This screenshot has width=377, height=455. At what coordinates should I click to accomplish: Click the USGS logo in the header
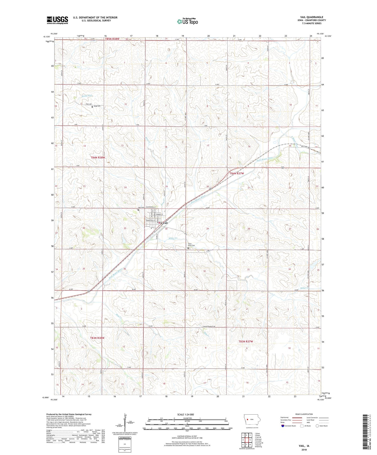(x=57, y=20)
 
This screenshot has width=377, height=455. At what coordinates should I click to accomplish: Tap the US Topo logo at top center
(x=187, y=22)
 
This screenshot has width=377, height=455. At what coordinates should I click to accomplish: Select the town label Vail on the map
(x=165, y=223)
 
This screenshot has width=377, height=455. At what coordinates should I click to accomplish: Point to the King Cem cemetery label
(x=97, y=106)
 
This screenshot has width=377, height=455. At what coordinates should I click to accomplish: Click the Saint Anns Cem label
(x=192, y=245)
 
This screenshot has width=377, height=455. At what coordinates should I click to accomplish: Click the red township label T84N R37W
(x=237, y=173)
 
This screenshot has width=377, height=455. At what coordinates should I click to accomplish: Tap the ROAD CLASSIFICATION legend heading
(x=304, y=414)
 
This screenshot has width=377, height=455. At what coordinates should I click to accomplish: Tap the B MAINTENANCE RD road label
(x=209, y=327)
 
